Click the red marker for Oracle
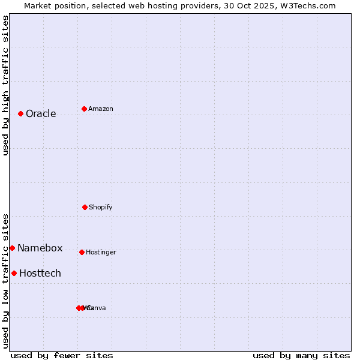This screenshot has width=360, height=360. pyautogui.click(x=20, y=113)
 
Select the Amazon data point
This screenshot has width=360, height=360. pyautogui.click(x=84, y=109)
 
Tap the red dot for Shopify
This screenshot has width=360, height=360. pyautogui.click(x=85, y=207)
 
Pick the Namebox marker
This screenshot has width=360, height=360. pyautogui.click(x=12, y=248)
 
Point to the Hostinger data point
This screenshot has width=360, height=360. pyautogui.click(x=82, y=252)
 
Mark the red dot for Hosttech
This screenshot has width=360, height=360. pyautogui.click(x=14, y=273)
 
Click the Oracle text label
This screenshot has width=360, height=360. pyautogui.click(x=41, y=114)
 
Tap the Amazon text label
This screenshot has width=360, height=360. pyautogui.click(x=101, y=109)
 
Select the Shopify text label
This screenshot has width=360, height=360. pyautogui.click(x=101, y=208)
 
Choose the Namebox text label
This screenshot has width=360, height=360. pyautogui.click(x=40, y=248)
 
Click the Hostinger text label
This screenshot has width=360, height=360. pyautogui.click(x=101, y=253)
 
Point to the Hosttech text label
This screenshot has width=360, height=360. pyautogui.click(x=40, y=274)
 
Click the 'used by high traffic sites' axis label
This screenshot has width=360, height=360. pyautogui.click(x=5, y=85)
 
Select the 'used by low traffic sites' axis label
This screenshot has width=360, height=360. pyautogui.click(x=5, y=281)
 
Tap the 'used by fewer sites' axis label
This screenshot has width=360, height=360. pyautogui.click(x=62, y=356)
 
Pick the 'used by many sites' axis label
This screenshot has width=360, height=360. pyautogui.click(x=301, y=356)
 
